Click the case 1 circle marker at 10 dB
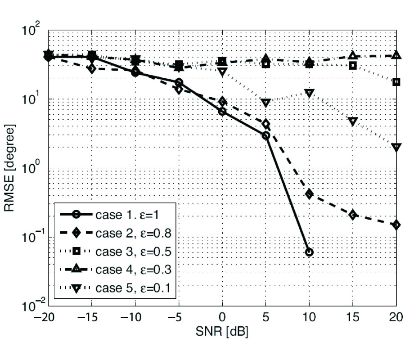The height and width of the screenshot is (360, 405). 309,252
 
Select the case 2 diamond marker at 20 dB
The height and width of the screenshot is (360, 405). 396,225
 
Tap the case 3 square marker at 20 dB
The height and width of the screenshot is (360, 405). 396,82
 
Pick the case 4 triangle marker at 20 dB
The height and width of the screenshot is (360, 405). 396,55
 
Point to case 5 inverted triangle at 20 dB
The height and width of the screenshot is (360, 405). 396,147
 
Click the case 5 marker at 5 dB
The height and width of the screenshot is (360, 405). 266,103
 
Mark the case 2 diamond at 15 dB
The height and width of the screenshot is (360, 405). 353,215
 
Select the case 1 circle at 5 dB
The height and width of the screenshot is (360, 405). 266,135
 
